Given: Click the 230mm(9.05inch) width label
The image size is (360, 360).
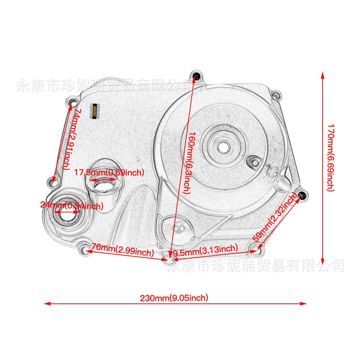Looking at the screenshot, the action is pos(174,298).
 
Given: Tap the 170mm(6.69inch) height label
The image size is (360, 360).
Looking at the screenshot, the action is pos(330,158).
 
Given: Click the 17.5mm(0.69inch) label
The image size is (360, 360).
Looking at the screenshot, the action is pos(109,172).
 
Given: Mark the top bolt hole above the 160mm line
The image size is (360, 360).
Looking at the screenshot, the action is pos(196,77).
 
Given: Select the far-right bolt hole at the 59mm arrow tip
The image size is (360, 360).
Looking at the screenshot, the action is pos(302,195).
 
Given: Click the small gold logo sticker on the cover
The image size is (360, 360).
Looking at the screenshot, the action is pos(95,111).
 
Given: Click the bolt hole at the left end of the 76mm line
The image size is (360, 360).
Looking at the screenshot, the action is pos(85,249).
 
